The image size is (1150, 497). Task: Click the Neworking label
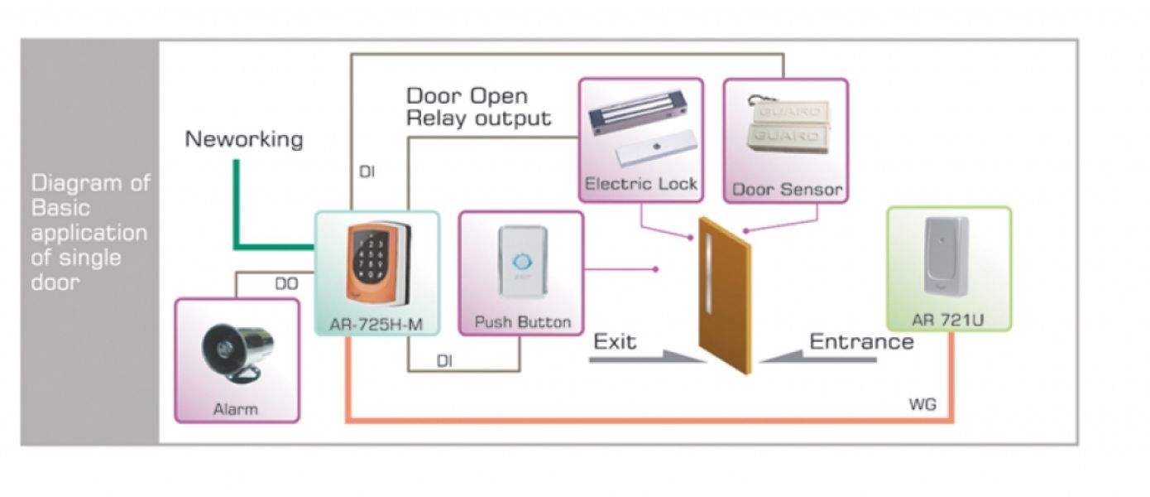pos(244,139)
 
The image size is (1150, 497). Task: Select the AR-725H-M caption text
pos(376,323)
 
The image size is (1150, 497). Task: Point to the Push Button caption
pos(522,321)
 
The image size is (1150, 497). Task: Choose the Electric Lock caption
pos(641,184)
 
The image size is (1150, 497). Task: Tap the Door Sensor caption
pos(787,190)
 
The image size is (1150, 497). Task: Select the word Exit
pos(616,341)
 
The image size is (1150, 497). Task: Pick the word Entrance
pos(861,341)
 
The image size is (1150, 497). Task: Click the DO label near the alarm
pos(286,284)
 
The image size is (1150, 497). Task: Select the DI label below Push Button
pos(444,361)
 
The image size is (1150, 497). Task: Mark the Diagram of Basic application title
pos(89,232)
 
